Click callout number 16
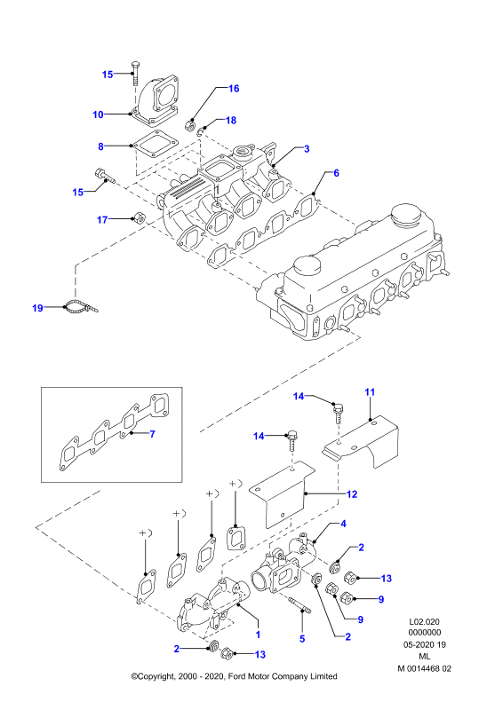click(x=234, y=88)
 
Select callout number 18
click(x=231, y=120)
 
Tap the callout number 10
click(x=98, y=114)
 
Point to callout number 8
click(x=100, y=146)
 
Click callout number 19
click(x=37, y=308)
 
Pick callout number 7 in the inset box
click(x=152, y=434)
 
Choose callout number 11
click(x=370, y=392)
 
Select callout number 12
click(x=352, y=494)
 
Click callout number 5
click(x=302, y=639)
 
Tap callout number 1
click(x=258, y=635)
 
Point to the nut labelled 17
click(x=139, y=217)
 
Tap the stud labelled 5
click(x=299, y=605)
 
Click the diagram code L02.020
click(x=424, y=622)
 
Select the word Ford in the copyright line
click(x=237, y=676)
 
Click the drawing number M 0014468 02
click(x=425, y=668)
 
